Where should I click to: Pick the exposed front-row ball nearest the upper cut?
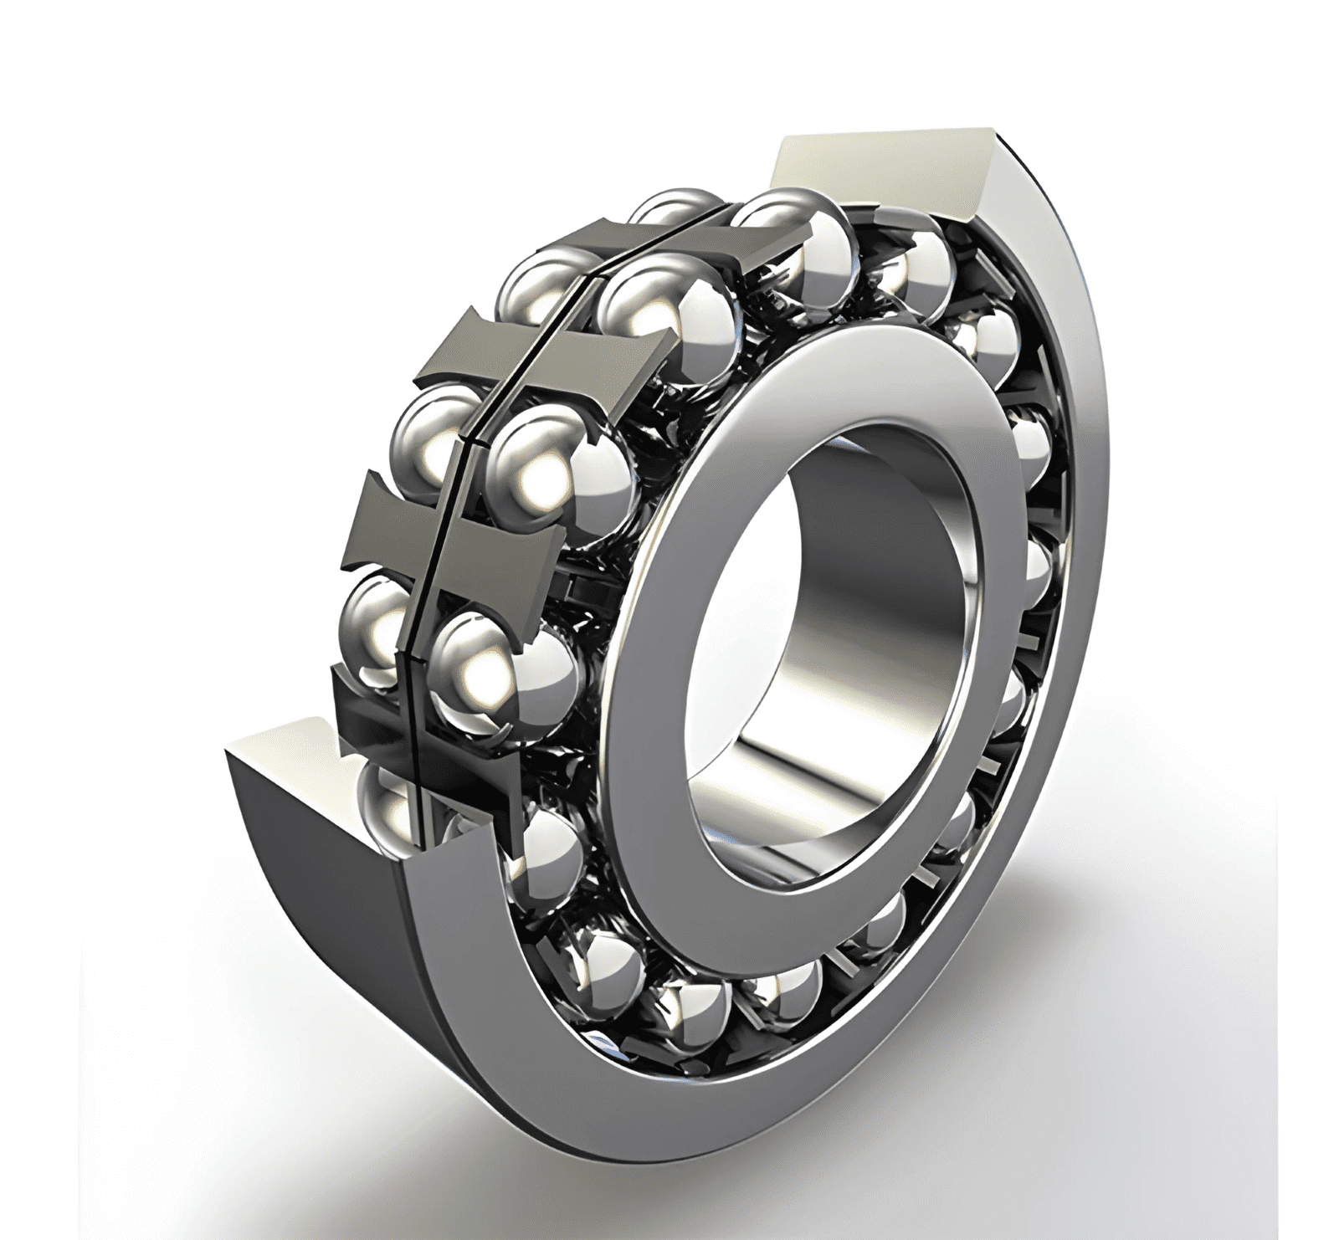[x=787, y=234]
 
